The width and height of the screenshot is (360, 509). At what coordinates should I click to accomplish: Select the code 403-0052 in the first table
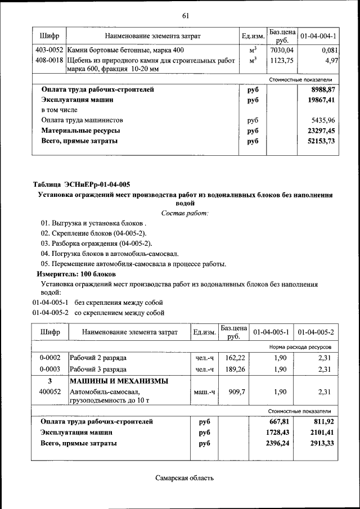(x=49, y=50)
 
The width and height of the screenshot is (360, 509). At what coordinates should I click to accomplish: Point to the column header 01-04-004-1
(x=318, y=36)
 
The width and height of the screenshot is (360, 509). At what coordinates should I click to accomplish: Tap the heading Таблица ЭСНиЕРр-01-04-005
(x=82, y=184)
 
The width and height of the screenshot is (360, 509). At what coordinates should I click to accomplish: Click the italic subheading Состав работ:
(x=184, y=213)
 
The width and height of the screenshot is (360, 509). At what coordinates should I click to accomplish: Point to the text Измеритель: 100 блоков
(x=76, y=274)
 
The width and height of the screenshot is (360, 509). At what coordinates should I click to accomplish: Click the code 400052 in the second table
(x=50, y=391)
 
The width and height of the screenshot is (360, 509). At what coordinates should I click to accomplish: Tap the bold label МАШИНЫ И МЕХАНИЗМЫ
(x=119, y=381)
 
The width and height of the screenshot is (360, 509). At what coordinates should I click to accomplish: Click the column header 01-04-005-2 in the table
(x=316, y=332)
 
